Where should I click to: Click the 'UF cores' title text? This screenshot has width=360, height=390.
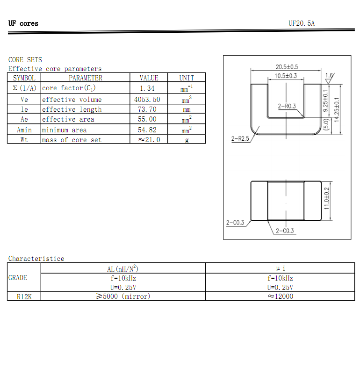(x=23, y=23)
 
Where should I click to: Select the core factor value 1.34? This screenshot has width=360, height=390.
(x=147, y=88)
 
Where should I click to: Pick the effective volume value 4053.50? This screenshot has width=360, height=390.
(x=147, y=100)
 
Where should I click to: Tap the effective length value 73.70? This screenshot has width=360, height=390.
(x=147, y=109)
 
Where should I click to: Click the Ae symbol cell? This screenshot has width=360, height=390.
(x=24, y=119)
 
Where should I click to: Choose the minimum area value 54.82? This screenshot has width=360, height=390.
(x=147, y=130)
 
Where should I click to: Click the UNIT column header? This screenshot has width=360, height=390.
(x=186, y=78)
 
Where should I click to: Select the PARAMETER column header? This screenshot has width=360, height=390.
(x=86, y=78)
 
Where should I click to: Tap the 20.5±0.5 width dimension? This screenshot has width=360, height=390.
(x=287, y=67)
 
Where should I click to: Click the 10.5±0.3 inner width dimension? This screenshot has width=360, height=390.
(x=286, y=76)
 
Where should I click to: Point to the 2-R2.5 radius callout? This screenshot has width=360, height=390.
(x=240, y=139)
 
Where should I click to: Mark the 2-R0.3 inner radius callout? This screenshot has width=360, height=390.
(x=287, y=106)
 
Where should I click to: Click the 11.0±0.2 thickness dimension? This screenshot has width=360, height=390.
(x=327, y=198)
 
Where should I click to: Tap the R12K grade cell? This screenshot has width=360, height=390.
(x=24, y=296)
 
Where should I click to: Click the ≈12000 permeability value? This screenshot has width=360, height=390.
(x=280, y=296)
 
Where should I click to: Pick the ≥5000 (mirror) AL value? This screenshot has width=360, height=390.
(x=123, y=296)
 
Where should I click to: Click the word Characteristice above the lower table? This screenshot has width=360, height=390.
(x=36, y=259)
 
